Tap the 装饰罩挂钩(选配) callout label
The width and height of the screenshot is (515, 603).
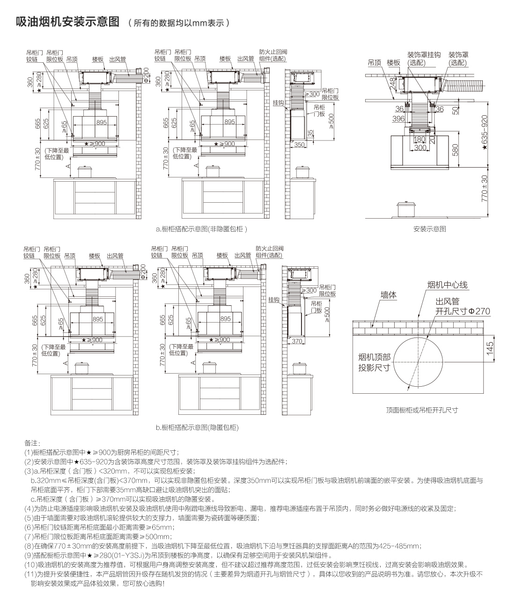(424, 59)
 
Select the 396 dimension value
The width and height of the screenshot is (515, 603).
(398, 119)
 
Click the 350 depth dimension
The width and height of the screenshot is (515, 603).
(299, 145)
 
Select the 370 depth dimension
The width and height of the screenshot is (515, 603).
(297, 341)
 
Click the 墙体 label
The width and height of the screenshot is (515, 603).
(389, 295)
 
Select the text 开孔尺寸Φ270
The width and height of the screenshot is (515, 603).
(456, 311)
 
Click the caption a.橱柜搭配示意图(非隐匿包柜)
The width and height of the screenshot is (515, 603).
(201, 229)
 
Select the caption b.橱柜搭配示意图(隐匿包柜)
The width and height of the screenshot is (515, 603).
(197, 427)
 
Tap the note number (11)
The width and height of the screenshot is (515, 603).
(30, 574)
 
